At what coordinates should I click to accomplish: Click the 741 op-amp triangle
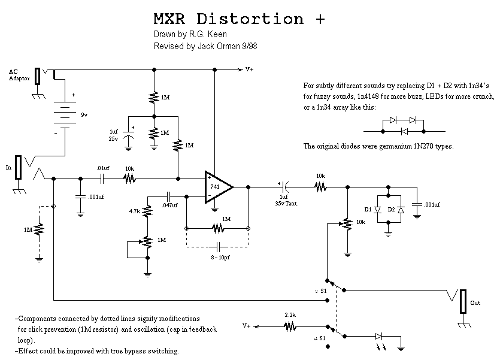tap(217, 187)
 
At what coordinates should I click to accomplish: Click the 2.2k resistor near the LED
tap(290, 327)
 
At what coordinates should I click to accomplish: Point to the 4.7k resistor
tap(147, 211)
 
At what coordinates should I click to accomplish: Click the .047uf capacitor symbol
tap(169, 196)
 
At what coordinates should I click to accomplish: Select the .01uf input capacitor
tap(102, 178)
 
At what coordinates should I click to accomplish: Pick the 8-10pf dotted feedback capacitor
tap(219, 246)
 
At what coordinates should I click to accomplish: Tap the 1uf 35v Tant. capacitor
tap(286, 187)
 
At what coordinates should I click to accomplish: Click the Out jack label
tap(475, 303)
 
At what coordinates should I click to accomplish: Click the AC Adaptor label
tap(17, 75)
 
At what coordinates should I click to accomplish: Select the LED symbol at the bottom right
tap(378, 337)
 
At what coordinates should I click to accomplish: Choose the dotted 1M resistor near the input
tap(40, 229)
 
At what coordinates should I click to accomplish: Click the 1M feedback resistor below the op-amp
tap(217, 228)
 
